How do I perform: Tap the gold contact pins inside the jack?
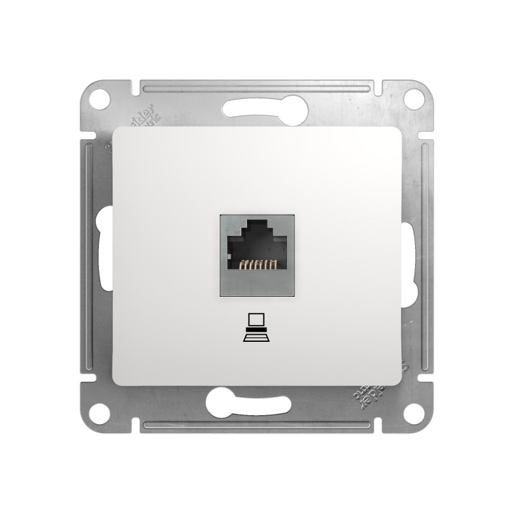[257, 264]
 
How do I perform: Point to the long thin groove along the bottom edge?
[257, 427]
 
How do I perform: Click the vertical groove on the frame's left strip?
[87, 257]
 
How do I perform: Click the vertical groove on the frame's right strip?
[427, 257]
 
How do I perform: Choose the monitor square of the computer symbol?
[257, 319]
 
